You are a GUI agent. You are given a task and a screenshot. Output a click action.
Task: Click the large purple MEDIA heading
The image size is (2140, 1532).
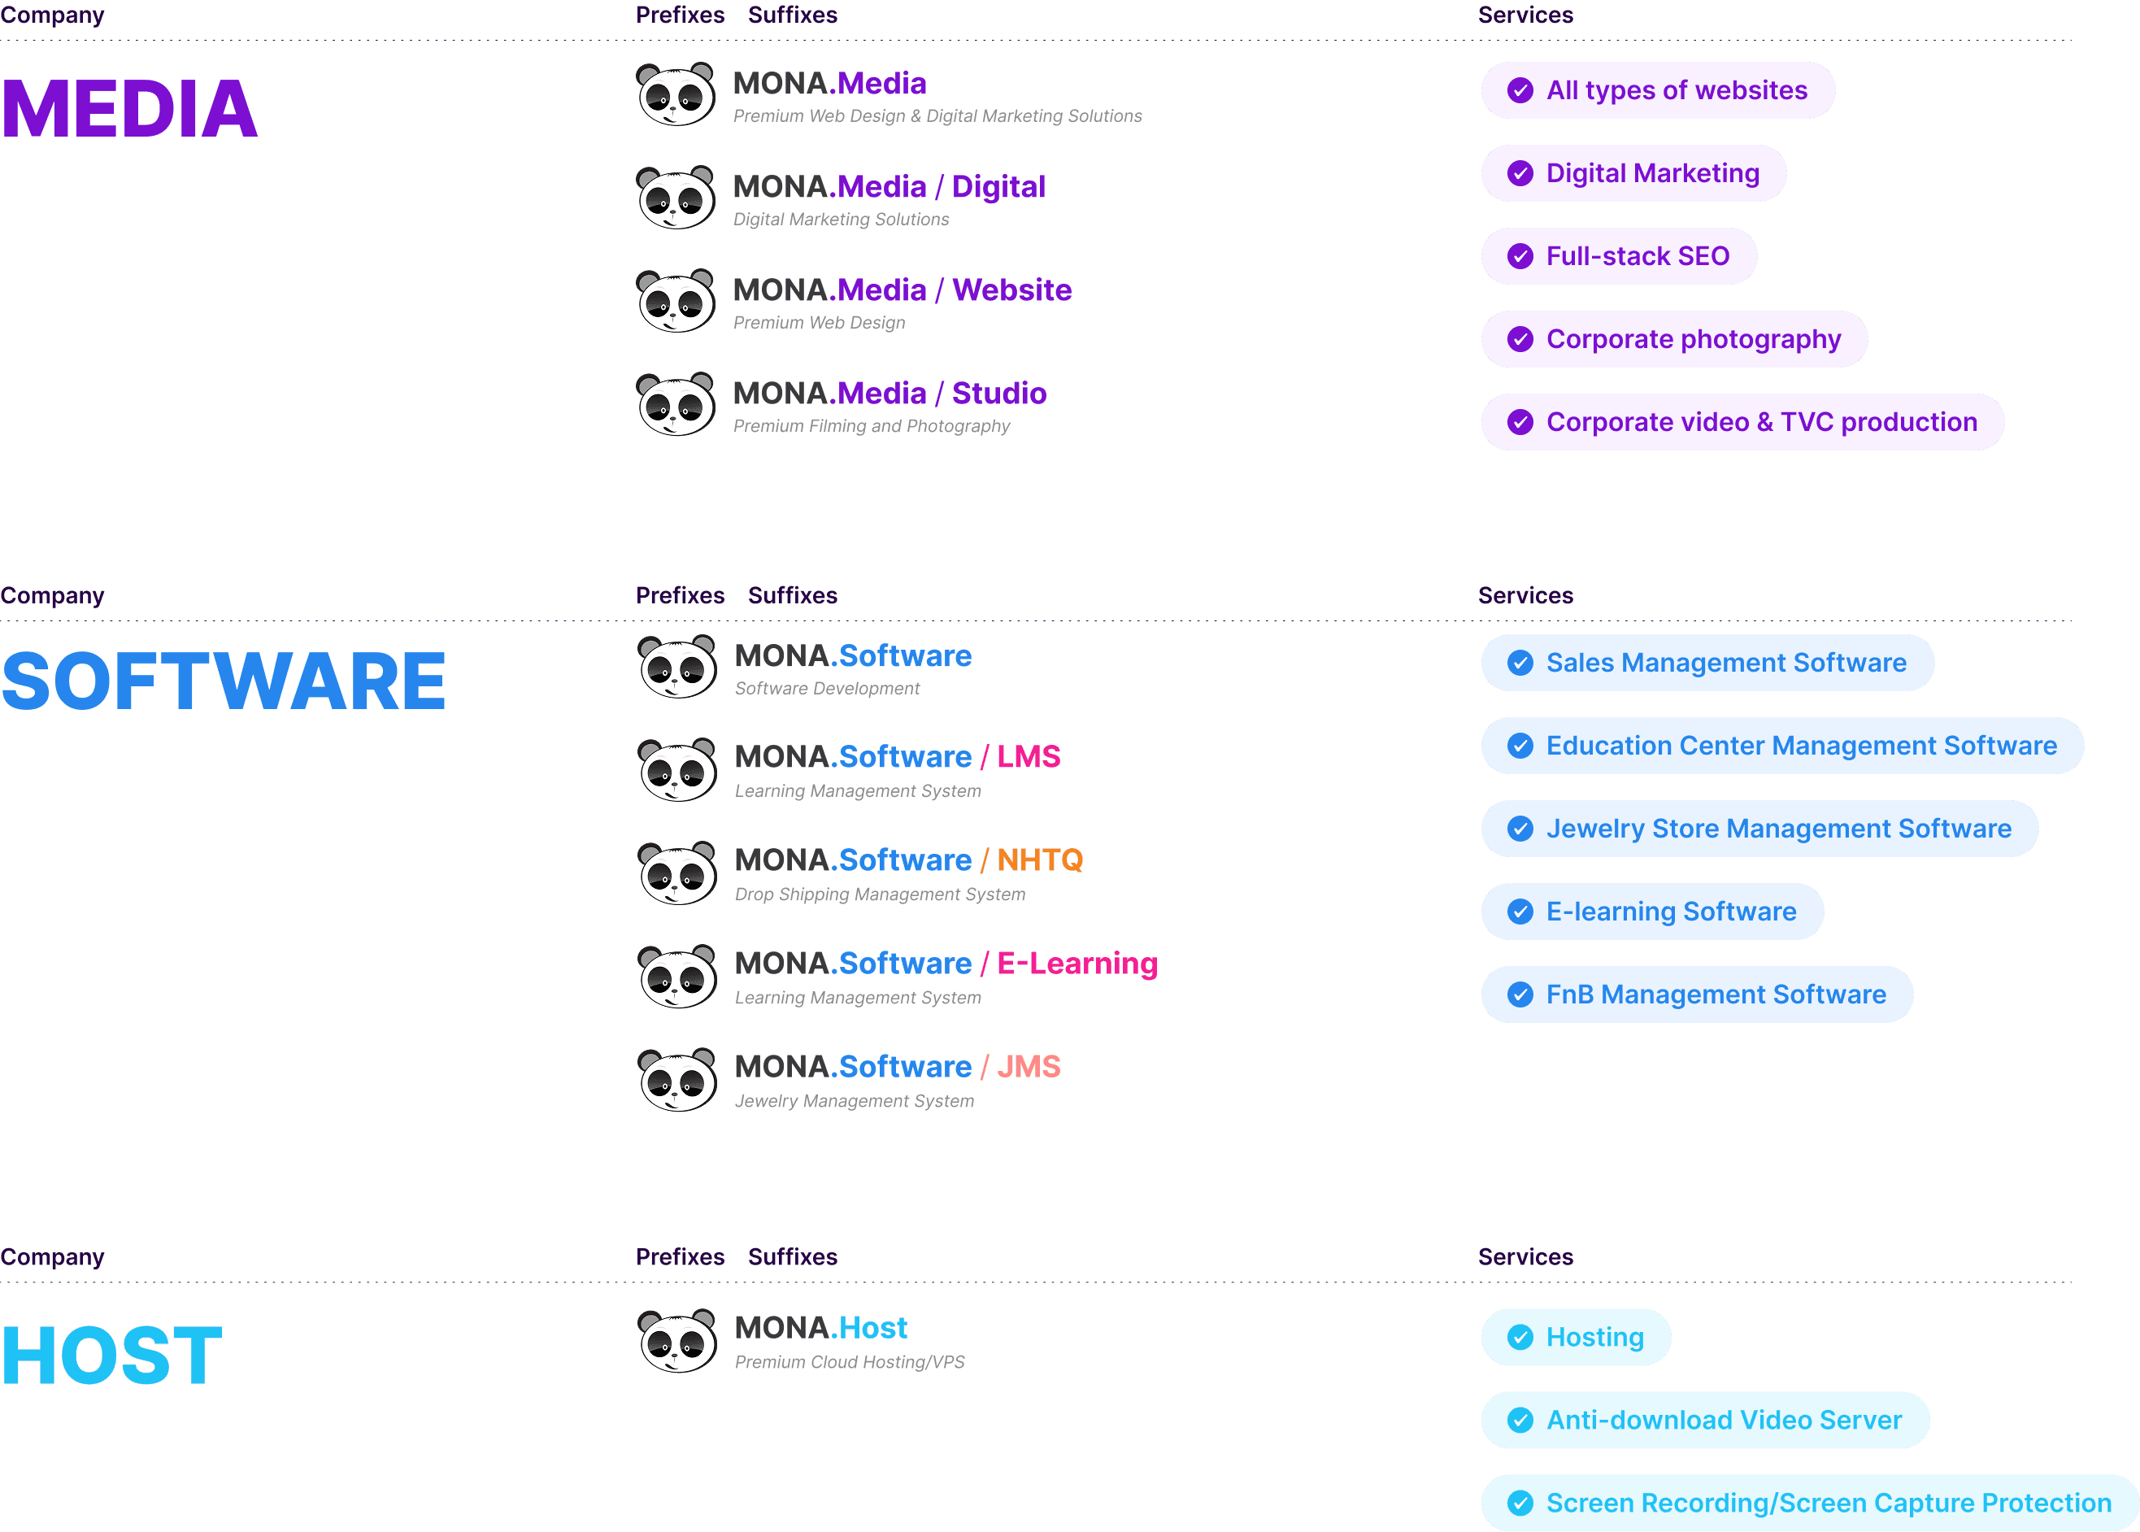pos(129,108)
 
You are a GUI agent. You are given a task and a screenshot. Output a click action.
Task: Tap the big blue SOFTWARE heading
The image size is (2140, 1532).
pos(224,681)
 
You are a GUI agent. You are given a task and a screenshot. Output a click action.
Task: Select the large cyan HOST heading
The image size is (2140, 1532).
pos(111,1356)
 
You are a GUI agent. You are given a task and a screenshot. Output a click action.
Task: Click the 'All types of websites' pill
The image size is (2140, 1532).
pos(1657,90)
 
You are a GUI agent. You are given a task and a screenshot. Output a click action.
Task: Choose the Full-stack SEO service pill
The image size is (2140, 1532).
pos(1619,257)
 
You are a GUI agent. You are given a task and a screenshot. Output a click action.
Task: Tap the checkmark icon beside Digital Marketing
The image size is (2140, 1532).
pos(1520,173)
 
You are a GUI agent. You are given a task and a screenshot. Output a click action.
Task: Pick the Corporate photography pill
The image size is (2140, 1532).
pos(1674,340)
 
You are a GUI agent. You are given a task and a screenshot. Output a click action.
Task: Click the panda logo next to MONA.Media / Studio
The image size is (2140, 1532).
pos(676,405)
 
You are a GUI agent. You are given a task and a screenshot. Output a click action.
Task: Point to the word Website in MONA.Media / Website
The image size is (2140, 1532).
pos(1011,289)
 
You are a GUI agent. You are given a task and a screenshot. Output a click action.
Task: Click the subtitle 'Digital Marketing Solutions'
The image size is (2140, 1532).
pos(842,220)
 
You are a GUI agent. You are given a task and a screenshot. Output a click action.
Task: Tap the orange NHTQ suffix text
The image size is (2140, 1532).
pos(1039,860)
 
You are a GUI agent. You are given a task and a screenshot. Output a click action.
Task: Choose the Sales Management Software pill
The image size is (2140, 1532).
pos(1707,664)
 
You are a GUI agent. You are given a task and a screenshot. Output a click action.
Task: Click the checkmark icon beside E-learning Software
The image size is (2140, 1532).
pos(1520,912)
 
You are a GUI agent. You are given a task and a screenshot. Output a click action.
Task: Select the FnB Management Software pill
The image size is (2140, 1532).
pos(1697,994)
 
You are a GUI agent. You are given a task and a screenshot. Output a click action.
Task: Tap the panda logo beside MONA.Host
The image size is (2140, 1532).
pos(676,1340)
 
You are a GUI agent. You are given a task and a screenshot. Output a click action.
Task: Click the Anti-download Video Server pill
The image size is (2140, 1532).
pos(1704,1420)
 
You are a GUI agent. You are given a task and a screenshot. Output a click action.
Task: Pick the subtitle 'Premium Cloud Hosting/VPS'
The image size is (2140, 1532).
pos(849,1362)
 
